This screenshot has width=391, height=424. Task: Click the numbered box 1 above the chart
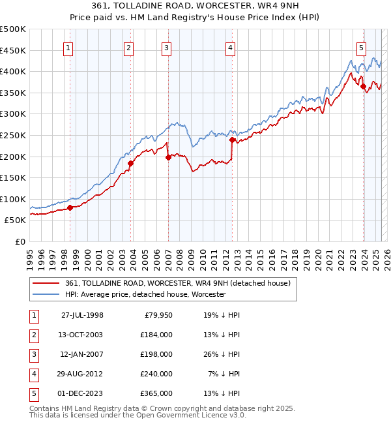pos(68,47)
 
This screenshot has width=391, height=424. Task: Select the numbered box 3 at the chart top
pos(167,47)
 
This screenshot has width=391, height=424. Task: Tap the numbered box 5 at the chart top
pos(361,47)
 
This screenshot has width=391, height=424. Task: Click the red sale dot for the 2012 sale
pos(232,139)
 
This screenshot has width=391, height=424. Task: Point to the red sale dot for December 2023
pos(363,86)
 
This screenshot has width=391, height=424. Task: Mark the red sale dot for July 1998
pos(70,207)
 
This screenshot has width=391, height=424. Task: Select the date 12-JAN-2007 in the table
pos(82,354)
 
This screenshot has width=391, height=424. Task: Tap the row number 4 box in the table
pos(34,374)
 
